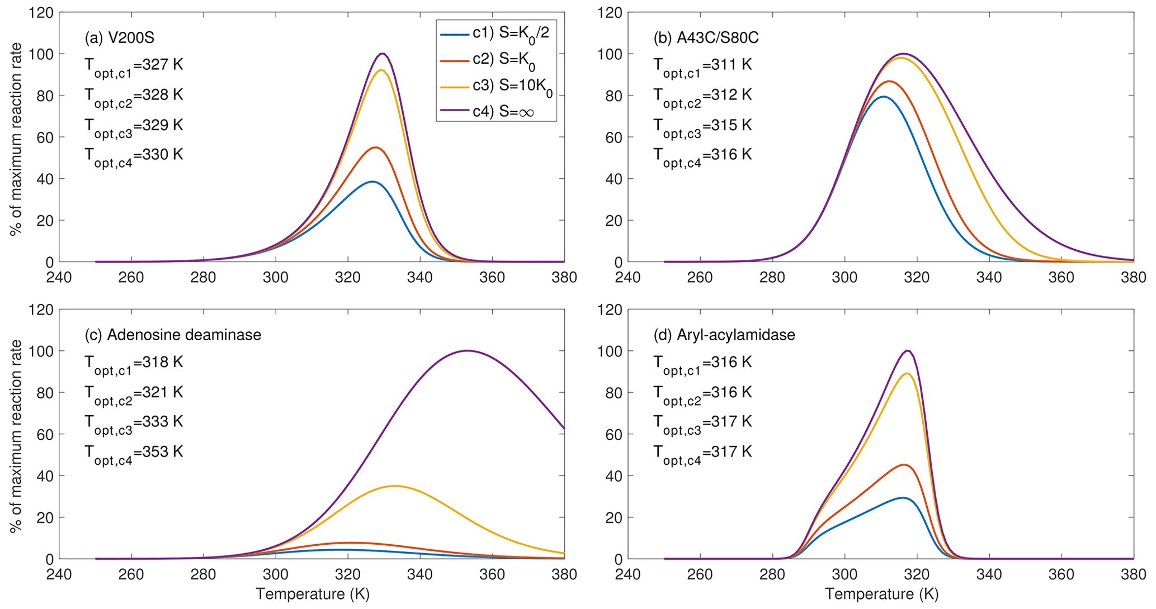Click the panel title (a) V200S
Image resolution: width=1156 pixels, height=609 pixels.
119,37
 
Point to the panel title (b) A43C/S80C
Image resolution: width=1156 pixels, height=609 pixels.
706,37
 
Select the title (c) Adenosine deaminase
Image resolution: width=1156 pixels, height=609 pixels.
173,335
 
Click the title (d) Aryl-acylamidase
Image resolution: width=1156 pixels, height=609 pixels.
724,335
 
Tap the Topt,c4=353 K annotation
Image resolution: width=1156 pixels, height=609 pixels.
134,453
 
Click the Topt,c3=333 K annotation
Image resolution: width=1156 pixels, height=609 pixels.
134,423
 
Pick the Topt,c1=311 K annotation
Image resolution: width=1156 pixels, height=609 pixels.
702,66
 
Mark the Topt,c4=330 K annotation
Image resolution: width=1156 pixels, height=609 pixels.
134,155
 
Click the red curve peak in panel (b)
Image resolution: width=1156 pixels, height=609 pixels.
888,82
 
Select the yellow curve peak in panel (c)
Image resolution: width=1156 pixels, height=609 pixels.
395,486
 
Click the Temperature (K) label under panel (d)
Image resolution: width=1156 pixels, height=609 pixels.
881,594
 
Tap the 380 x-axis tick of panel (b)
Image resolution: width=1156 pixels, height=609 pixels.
1133,278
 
